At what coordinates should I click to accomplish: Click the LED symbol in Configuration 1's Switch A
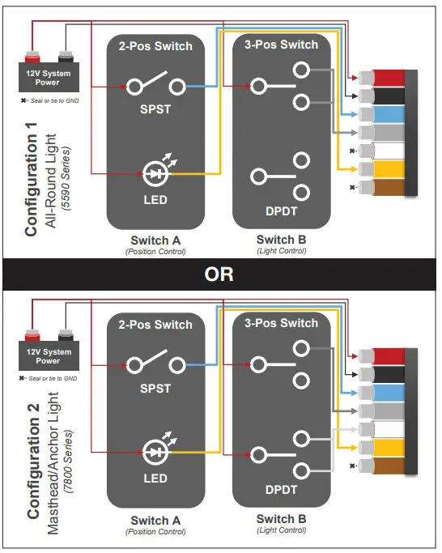tap(154, 172)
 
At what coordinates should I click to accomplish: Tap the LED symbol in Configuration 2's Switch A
tap(154, 452)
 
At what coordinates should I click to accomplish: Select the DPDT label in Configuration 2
tap(280, 491)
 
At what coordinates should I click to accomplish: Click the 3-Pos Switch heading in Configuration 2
tap(281, 323)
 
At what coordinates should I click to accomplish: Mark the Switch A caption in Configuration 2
tap(155, 520)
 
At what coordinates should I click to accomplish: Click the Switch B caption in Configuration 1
tap(281, 240)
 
